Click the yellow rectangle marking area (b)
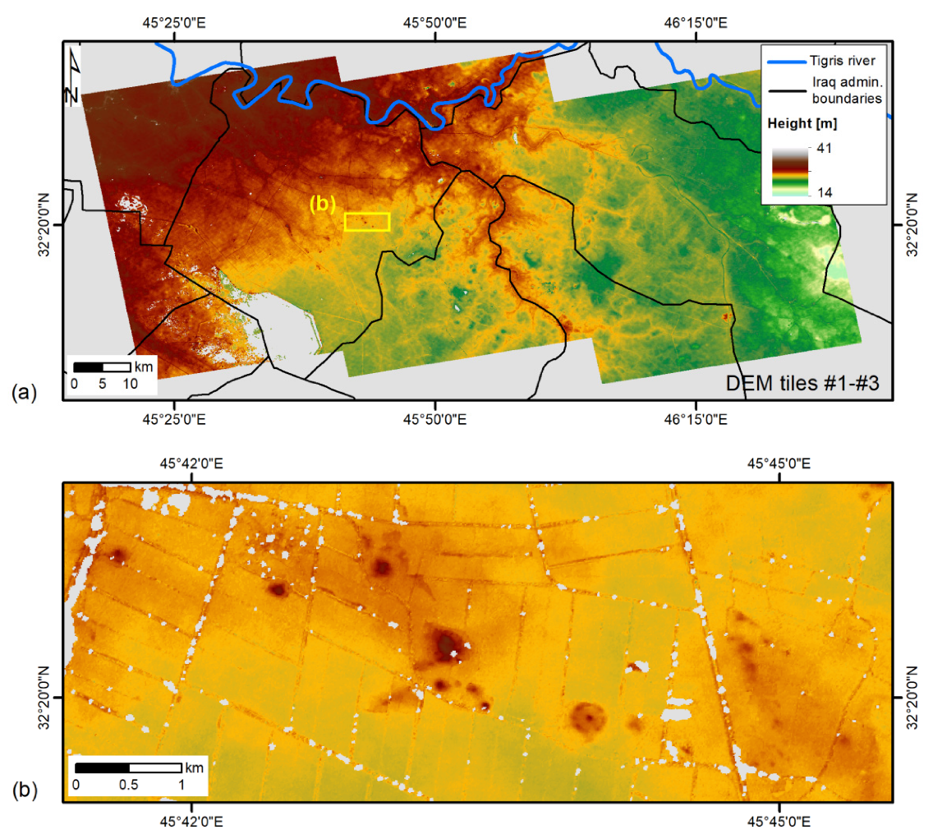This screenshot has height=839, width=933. pos(366,222)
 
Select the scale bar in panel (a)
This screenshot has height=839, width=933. pos(102,366)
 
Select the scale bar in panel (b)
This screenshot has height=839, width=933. pos(129,768)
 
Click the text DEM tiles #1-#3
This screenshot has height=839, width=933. pos(804,382)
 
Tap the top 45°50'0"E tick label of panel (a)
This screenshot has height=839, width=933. pos(434,23)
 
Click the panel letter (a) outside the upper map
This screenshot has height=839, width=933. pos(23,394)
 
